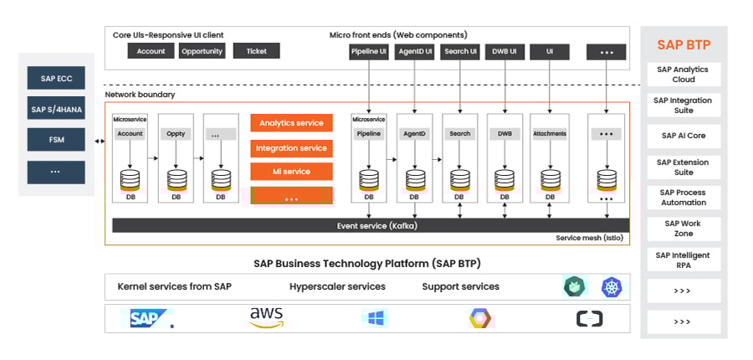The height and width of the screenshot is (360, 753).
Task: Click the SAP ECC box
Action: [56, 80]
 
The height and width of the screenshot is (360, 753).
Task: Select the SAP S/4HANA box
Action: [56, 109]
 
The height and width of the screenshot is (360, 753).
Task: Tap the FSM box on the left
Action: [56, 139]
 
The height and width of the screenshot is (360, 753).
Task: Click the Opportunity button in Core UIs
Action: [202, 51]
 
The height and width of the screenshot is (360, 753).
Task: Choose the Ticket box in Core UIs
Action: [256, 51]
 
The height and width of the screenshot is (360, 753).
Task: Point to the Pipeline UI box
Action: [369, 52]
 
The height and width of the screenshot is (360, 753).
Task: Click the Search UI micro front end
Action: [460, 52]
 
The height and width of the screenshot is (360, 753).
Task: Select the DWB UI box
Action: [505, 52]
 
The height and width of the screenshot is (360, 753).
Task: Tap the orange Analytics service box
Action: [291, 123]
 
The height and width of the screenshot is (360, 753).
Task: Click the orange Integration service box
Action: [291, 147]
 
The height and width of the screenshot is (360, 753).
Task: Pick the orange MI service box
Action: [291, 172]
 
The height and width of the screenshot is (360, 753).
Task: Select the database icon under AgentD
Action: [415, 179]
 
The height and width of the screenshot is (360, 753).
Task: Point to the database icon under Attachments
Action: [550, 179]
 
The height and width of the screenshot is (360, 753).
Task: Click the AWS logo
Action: [266, 317]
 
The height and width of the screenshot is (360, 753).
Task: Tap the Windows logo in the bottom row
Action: [375, 318]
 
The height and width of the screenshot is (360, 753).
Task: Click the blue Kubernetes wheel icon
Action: [612, 287]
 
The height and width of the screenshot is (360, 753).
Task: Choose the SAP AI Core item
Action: [684, 136]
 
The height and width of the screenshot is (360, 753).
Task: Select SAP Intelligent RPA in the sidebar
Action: [684, 259]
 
